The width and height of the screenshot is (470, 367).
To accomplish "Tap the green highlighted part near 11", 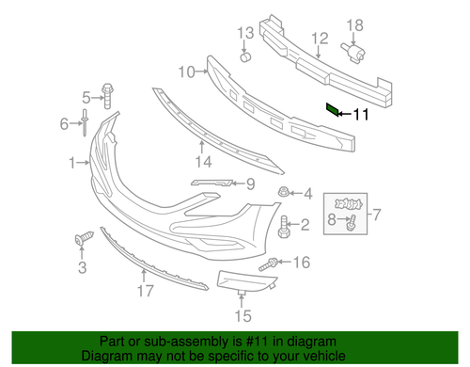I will [x=333, y=110].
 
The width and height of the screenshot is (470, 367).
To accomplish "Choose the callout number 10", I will [x=184, y=71].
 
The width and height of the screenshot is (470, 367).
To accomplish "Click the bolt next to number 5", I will [x=109, y=95].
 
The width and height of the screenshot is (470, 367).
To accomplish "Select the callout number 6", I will [x=66, y=123].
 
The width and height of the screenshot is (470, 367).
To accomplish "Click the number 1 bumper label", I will [x=72, y=164].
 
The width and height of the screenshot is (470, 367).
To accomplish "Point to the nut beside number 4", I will [x=284, y=194].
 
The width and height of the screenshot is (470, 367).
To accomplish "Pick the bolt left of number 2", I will [x=284, y=224].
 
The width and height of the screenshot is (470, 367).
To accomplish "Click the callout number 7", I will [x=379, y=215].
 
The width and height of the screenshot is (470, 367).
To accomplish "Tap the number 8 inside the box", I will [x=331, y=219].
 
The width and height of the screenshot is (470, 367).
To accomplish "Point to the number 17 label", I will [x=144, y=291].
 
